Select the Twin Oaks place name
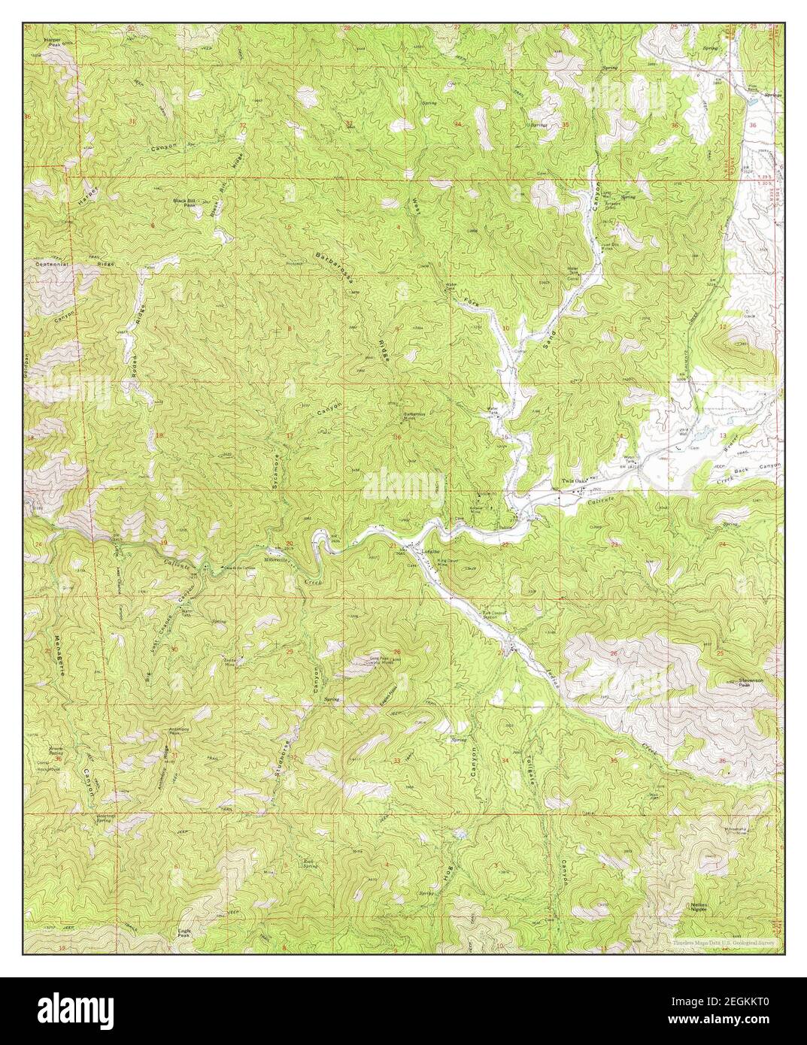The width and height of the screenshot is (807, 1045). coord(575,481)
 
